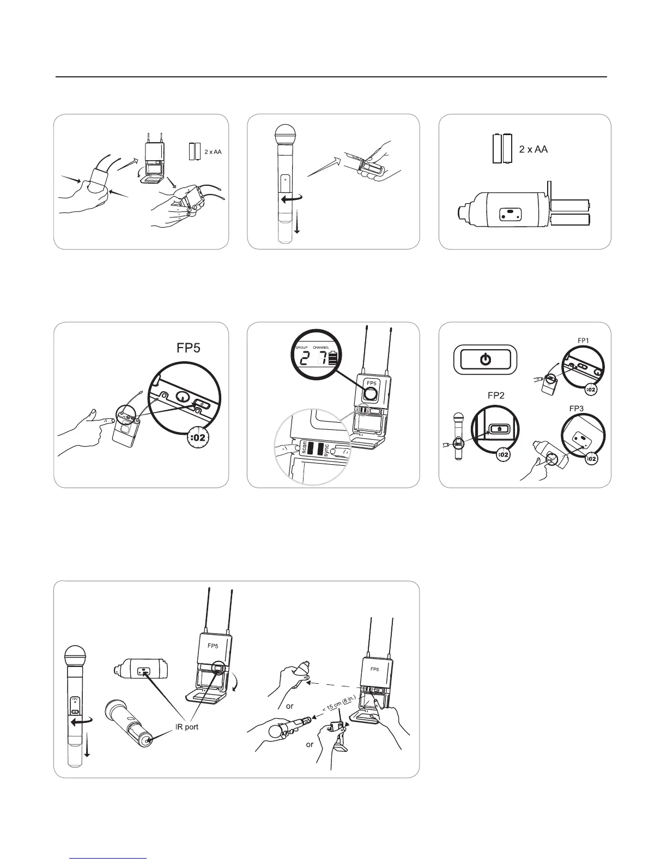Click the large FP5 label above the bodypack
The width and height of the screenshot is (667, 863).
189,348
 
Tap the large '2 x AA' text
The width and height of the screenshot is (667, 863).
533,149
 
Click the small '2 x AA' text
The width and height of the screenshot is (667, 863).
213,152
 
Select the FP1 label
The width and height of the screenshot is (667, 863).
584,340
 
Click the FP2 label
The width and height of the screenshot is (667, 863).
495,396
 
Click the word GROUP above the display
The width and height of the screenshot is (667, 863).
301,347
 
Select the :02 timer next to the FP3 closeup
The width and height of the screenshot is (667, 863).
592,459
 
